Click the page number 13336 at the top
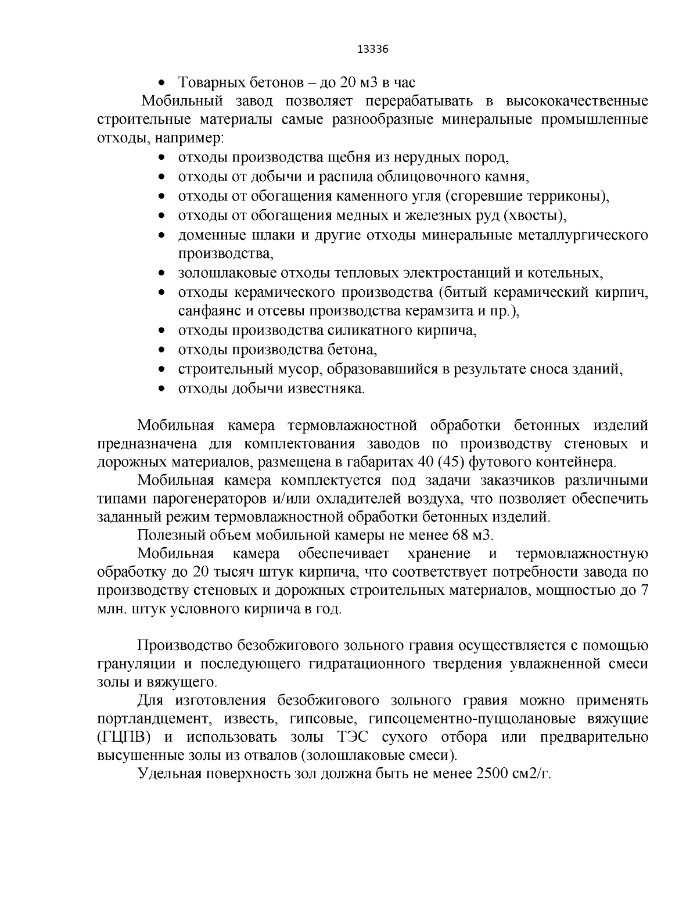pos(372,49)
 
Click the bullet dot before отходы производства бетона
pos(163,350)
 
